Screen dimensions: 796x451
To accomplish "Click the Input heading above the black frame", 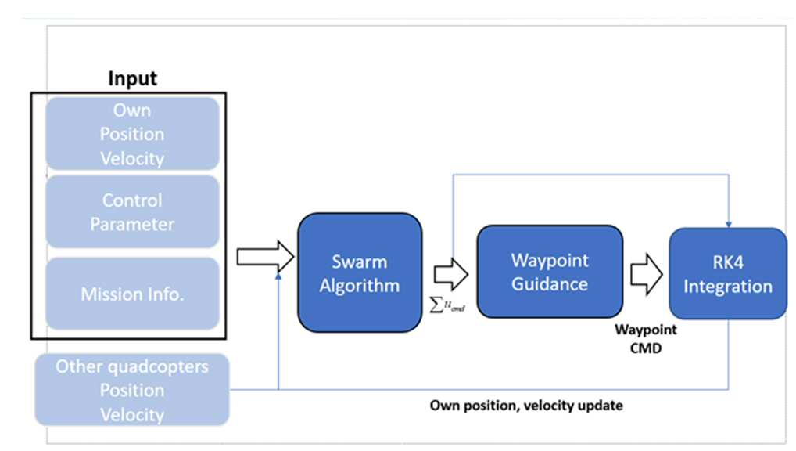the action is pyautogui.click(x=132, y=78).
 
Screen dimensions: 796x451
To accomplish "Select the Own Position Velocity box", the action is pyautogui.click(x=132, y=134).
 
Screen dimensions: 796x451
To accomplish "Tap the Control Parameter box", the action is pyautogui.click(x=132, y=212).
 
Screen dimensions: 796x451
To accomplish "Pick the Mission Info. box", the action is pyautogui.click(x=132, y=294).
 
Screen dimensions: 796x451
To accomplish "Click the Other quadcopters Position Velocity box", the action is pyautogui.click(x=132, y=390).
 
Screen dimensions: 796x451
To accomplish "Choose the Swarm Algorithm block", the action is pyautogui.click(x=360, y=273).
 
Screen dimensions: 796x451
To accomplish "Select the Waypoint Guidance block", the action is pyautogui.click(x=550, y=272).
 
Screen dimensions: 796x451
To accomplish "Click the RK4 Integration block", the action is pyautogui.click(x=728, y=274).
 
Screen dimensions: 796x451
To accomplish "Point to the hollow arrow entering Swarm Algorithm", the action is pyautogui.click(x=266, y=256).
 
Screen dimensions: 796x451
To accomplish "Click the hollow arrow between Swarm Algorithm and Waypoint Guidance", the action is pyautogui.click(x=451, y=275).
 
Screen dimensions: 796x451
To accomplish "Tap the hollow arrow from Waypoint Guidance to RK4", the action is pyautogui.click(x=646, y=275).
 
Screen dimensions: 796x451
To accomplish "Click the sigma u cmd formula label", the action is pyautogui.click(x=447, y=305).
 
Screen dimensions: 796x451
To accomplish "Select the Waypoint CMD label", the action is pyautogui.click(x=646, y=338).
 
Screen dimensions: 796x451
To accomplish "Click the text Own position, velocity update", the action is pyautogui.click(x=526, y=406).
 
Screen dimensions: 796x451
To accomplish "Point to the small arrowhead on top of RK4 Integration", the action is pyautogui.click(x=729, y=224).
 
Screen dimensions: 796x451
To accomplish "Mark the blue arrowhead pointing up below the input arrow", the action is pyautogui.click(x=278, y=276).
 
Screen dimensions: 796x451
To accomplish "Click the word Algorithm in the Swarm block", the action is pyautogui.click(x=360, y=286).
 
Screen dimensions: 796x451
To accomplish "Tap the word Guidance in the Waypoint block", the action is pyautogui.click(x=550, y=283).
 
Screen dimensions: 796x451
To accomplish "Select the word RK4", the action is pyautogui.click(x=728, y=262).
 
